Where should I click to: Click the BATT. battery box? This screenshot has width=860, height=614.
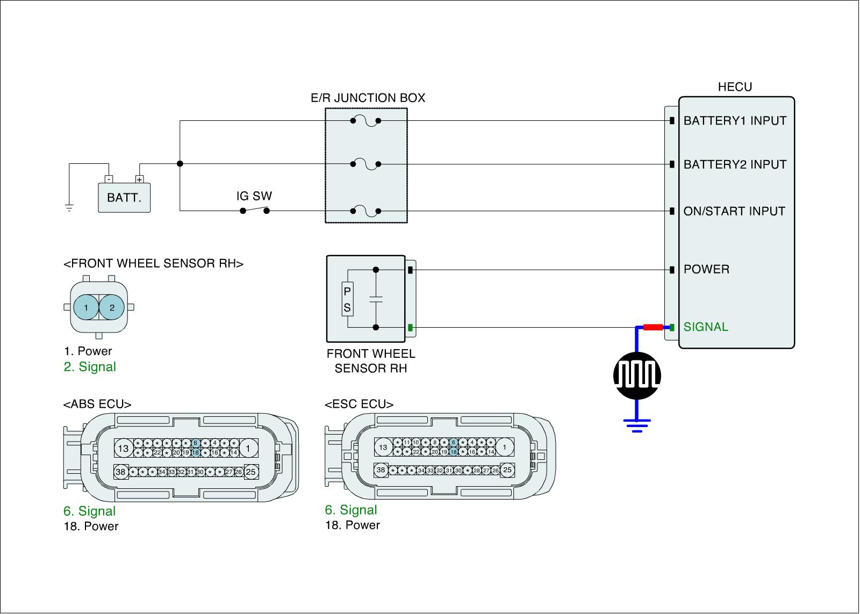point(124,198)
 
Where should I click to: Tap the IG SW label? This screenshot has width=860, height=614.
point(254,196)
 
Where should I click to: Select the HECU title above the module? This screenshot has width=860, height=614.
point(735,86)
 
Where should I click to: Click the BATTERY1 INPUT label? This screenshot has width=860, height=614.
point(735,120)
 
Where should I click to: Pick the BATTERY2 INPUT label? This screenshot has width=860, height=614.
point(735,164)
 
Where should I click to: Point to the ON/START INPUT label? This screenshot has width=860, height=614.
point(734,211)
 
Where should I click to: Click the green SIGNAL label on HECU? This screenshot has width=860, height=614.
point(706,327)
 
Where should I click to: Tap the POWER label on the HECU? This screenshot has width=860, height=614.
point(706,269)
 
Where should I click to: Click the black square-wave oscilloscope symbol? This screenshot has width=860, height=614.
point(637,375)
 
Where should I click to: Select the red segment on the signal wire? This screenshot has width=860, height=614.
point(653,327)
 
